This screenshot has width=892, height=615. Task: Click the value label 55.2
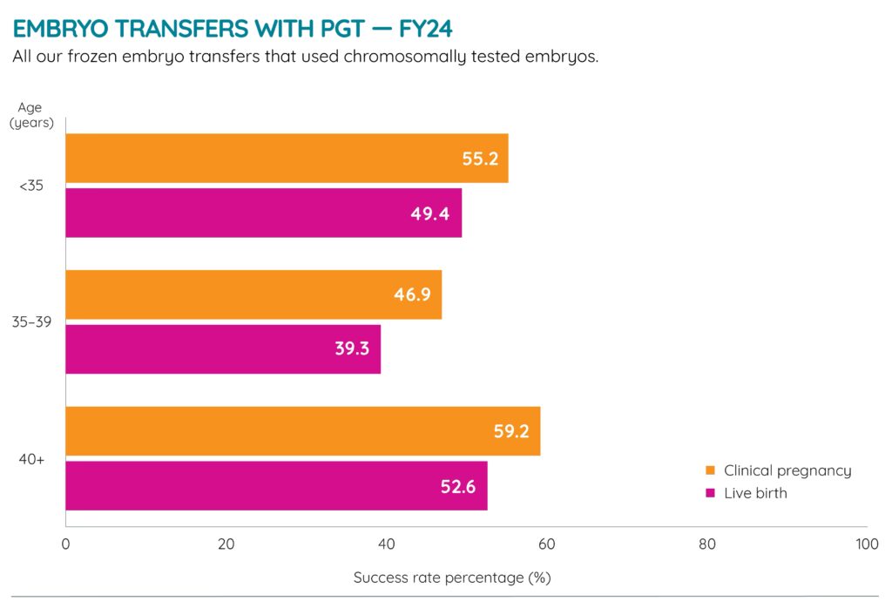click(x=480, y=159)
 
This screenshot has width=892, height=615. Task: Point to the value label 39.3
click(x=352, y=348)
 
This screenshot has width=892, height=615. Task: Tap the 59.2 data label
click(x=511, y=431)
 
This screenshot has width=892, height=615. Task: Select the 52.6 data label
click(x=458, y=486)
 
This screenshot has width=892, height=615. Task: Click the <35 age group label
click(x=31, y=186)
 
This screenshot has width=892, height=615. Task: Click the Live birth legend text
click(x=755, y=493)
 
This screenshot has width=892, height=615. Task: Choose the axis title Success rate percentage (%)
click(x=452, y=578)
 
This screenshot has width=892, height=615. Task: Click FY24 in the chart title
click(x=426, y=29)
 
